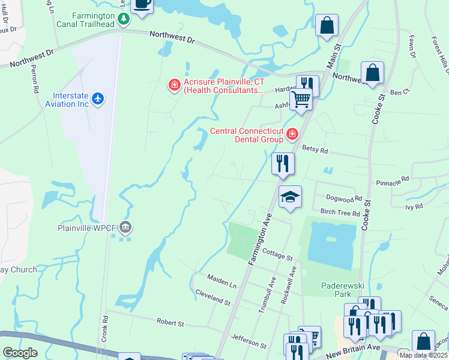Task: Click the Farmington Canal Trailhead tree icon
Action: (x=123, y=19)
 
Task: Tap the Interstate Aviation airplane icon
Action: (x=99, y=98)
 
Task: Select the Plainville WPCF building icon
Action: (x=125, y=227)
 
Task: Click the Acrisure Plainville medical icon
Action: (x=175, y=86)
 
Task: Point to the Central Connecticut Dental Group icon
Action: (x=292, y=134)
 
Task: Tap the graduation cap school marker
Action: (x=290, y=197)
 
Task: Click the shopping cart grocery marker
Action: (x=301, y=98)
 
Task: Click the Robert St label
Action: (x=170, y=323)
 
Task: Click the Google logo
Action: (x=20, y=353)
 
